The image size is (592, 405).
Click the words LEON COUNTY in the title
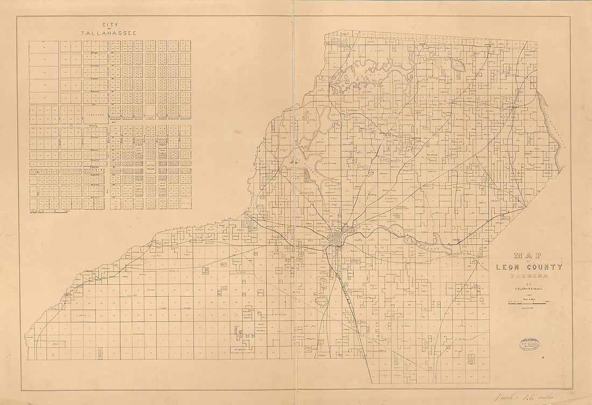click(529, 267)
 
